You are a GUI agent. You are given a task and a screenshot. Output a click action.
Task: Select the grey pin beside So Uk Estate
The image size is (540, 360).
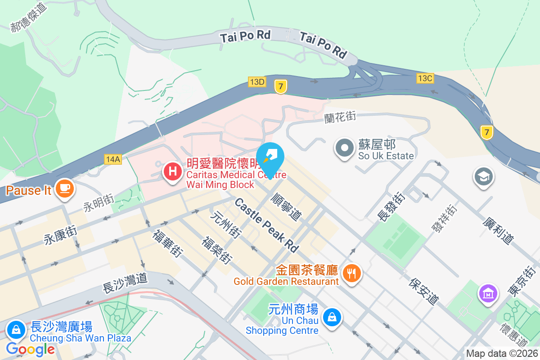(345, 148)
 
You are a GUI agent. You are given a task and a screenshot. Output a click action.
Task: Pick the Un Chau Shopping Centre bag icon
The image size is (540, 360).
(332, 317)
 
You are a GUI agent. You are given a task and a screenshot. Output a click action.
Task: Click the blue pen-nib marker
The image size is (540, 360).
(271, 155)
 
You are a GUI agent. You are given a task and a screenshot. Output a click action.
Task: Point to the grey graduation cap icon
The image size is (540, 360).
(484, 177)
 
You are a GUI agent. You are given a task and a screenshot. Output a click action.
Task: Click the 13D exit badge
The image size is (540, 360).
(257, 81)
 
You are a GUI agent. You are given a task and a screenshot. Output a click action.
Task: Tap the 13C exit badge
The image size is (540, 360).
(424, 78)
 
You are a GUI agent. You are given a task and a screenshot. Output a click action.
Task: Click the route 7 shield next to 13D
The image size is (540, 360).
(281, 87)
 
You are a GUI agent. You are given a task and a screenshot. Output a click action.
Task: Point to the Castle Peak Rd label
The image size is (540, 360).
(267, 225)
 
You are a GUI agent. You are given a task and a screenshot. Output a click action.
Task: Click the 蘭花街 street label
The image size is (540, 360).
(340, 117)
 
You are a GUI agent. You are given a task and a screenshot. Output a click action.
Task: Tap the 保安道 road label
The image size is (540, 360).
(424, 291)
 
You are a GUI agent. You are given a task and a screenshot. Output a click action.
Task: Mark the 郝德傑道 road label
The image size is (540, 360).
(28, 18)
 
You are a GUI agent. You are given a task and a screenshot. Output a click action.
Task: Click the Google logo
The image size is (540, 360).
(31, 349)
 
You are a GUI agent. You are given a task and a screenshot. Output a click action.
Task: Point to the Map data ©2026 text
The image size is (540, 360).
(502, 353)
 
